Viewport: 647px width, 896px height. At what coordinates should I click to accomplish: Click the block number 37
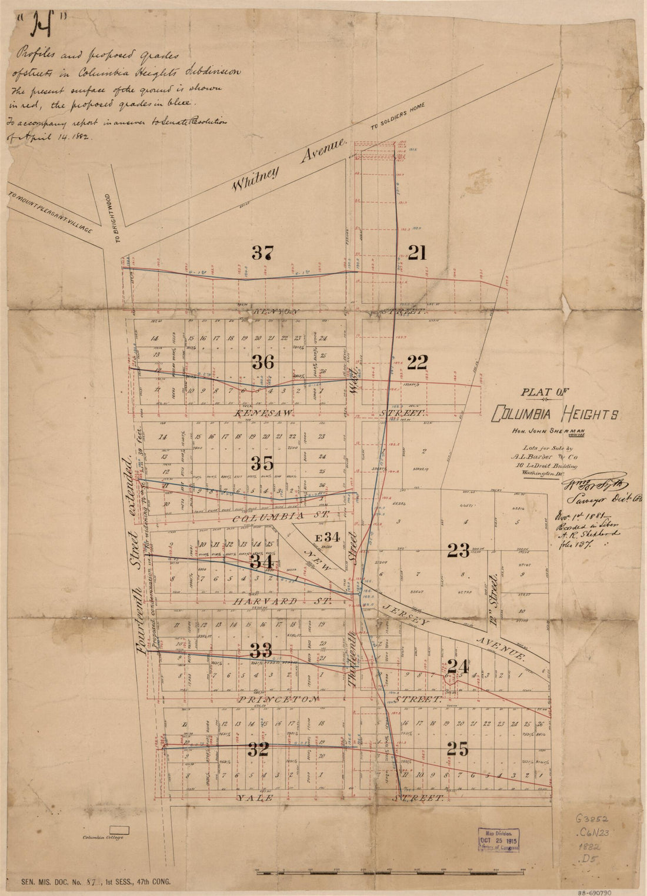[x=262, y=253]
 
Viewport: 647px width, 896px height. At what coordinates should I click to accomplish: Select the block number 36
[x=262, y=363]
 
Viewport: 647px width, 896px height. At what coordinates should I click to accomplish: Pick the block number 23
[x=458, y=551]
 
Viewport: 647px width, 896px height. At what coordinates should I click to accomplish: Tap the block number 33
[x=261, y=650]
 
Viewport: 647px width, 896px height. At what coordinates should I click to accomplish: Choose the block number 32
[x=258, y=750]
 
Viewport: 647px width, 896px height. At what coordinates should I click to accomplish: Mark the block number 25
[x=457, y=750]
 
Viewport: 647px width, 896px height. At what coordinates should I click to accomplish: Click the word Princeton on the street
[x=279, y=700]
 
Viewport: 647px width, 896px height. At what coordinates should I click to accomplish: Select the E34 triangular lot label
[x=328, y=536]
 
